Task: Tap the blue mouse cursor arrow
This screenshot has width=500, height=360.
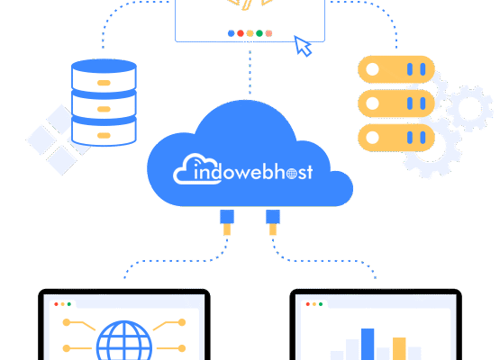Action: click(302, 46)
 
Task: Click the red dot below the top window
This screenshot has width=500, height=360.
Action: click(241, 33)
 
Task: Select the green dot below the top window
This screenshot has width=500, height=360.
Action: click(259, 33)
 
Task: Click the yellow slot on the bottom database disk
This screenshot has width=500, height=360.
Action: click(104, 135)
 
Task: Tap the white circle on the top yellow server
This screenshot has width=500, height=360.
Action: click(372, 69)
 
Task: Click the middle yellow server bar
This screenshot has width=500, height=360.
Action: click(396, 103)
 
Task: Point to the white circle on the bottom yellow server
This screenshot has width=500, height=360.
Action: click(372, 138)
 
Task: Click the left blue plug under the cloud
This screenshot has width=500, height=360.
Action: click(227, 217)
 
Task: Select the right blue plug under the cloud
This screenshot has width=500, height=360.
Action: click(273, 217)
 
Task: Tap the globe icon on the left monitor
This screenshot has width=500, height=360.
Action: click(124, 340)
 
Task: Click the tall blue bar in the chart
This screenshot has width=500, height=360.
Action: click(368, 344)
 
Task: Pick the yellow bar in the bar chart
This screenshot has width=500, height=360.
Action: click(399, 348)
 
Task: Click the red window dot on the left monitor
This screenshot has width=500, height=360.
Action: click(56, 304)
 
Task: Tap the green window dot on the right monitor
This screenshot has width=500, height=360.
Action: click(321, 304)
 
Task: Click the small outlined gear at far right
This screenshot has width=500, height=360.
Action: click(470, 108)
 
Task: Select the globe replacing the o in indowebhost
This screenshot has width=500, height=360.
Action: click(292, 174)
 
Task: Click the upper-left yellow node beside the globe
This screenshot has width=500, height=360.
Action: click(67, 322)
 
